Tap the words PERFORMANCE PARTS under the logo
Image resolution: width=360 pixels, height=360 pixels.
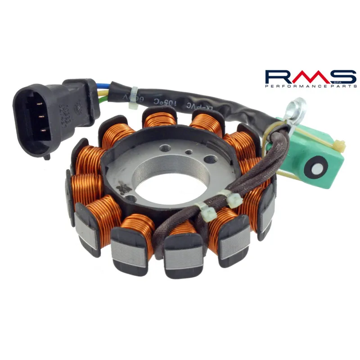(310, 85)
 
